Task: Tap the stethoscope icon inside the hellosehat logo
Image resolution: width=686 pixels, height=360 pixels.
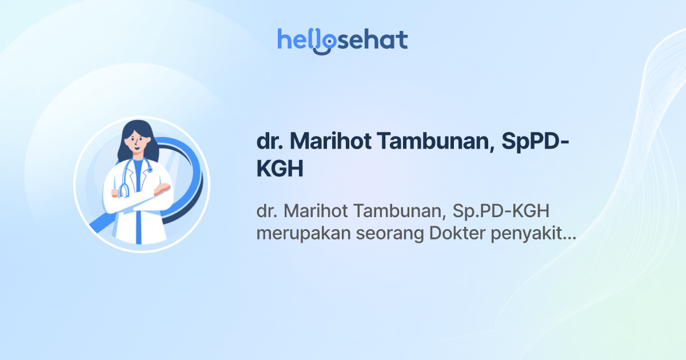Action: coord(324,42)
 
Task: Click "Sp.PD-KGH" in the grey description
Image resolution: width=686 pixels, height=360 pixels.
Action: coord(501,211)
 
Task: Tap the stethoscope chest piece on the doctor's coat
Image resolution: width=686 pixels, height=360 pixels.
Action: coord(150,170)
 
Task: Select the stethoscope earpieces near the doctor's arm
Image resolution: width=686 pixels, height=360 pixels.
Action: coord(123,191)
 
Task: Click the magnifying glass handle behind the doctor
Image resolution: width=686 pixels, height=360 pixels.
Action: coord(103,226)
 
